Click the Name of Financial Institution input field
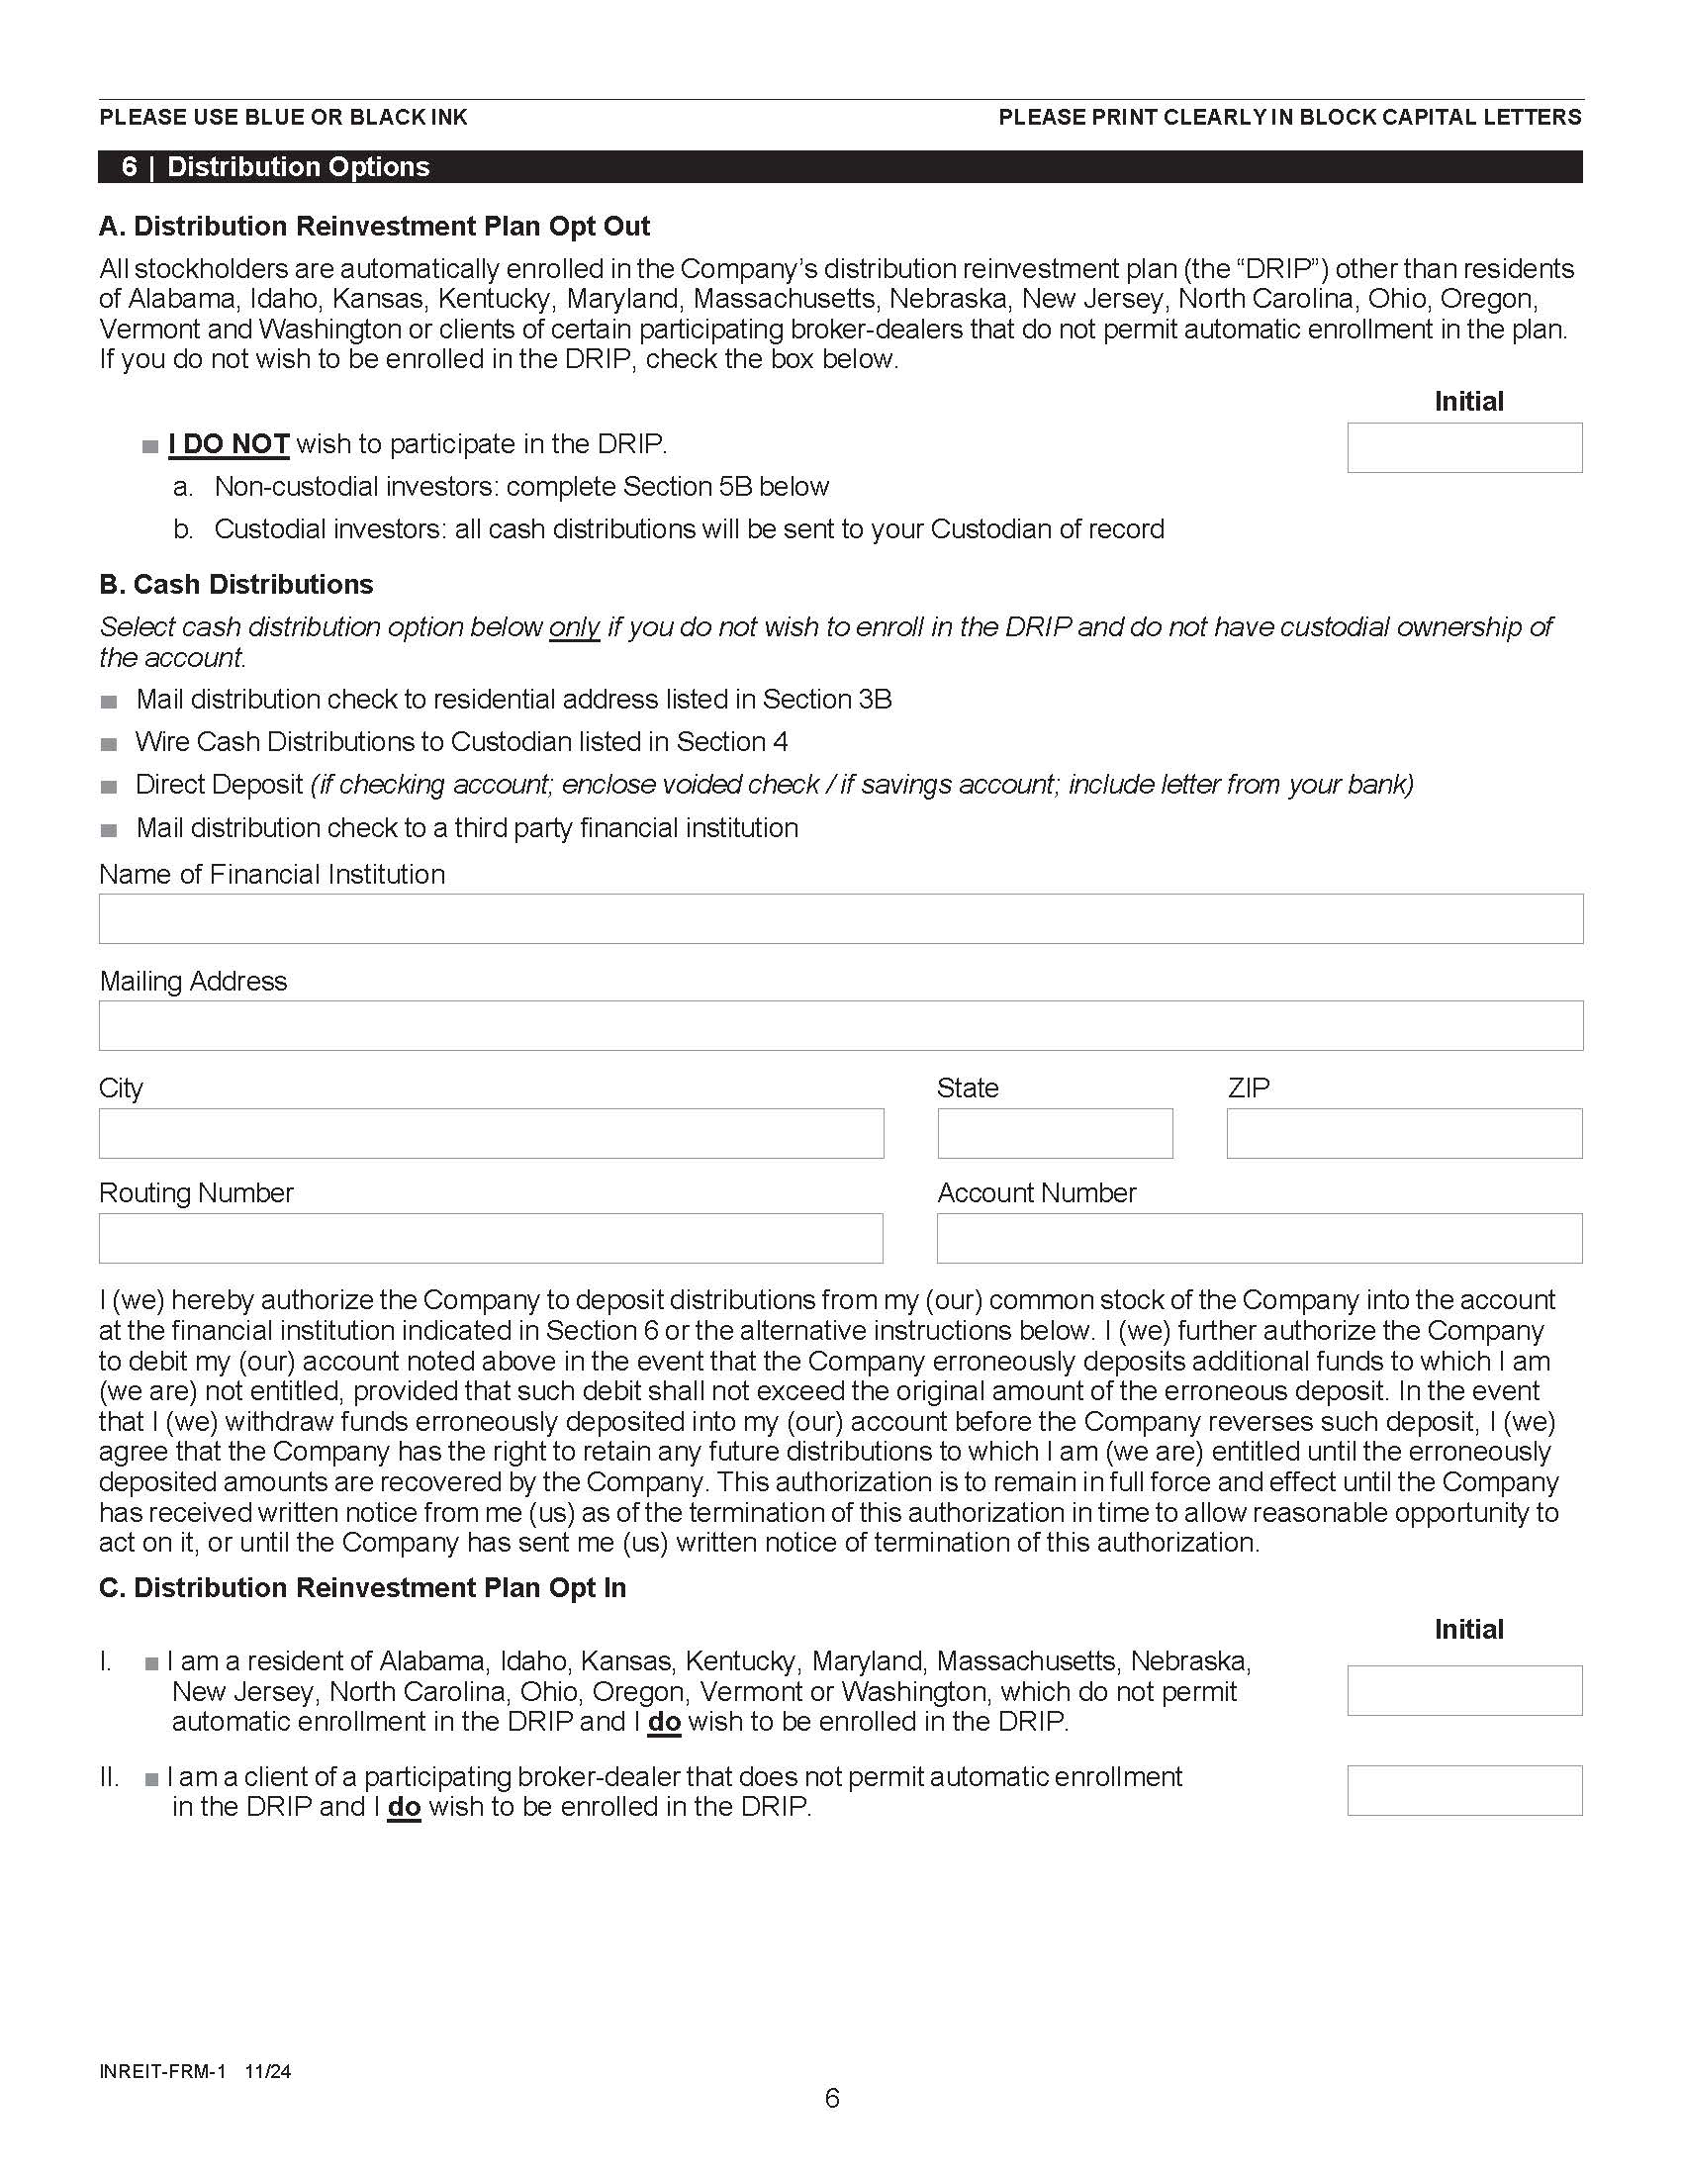pyautogui.click(x=840, y=918)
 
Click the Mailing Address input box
pyautogui.click(x=840, y=1025)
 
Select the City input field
pyautogui.click(x=490, y=1132)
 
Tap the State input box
pyautogui.click(x=1055, y=1132)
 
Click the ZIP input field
pyautogui.click(x=1403, y=1132)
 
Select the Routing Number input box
pyautogui.click(x=490, y=1238)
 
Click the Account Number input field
pyautogui.click(x=1259, y=1238)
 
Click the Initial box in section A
pyautogui.click(x=1463, y=447)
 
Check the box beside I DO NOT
pyautogui.click(x=150, y=445)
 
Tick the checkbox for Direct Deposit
pyautogui.click(x=109, y=787)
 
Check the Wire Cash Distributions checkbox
pyautogui.click(x=109, y=743)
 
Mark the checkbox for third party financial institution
pyautogui.click(x=109, y=829)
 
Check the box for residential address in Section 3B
pyautogui.click(x=109, y=701)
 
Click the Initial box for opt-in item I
pyautogui.click(x=1463, y=1690)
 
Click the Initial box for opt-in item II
pyautogui.click(x=1463, y=1790)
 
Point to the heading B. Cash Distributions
pyautogui.click(x=236, y=584)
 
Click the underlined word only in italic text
pyautogui.click(x=574, y=627)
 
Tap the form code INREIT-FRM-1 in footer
pyautogui.click(x=162, y=2070)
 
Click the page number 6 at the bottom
pyautogui.click(x=832, y=2098)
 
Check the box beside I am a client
pyautogui.click(x=151, y=1778)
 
